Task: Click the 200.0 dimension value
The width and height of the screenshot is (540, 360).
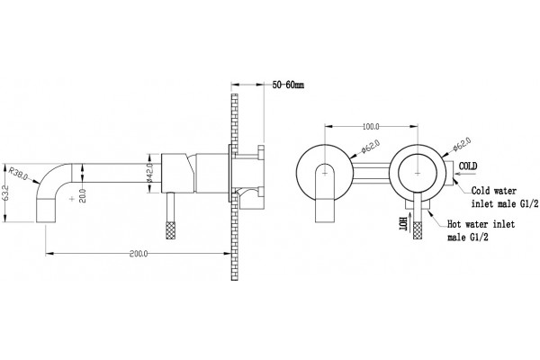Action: coord(139,254)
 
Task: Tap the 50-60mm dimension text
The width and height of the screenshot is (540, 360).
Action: coord(288,85)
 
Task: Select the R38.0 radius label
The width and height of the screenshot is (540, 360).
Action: coord(19,174)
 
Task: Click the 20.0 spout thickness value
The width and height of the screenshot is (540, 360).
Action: coord(83,195)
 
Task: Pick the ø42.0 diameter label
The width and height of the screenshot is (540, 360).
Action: coord(149,173)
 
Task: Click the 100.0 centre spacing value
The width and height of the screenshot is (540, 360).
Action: coord(371,127)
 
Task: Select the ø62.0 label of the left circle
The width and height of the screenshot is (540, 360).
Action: coord(371,146)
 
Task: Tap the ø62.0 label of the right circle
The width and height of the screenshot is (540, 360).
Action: coord(462,144)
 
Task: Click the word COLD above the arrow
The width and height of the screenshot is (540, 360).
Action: coord(468,166)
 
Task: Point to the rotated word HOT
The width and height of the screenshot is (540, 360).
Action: coord(403,224)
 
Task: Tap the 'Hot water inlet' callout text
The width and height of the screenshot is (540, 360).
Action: coord(481,224)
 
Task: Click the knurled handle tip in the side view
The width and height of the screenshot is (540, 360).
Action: coord(171,230)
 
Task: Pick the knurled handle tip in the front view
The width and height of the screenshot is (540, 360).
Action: coord(418,230)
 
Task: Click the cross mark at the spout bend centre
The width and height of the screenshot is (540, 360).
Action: coord(72,199)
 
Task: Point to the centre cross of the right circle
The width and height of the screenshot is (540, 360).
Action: coord(418,173)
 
